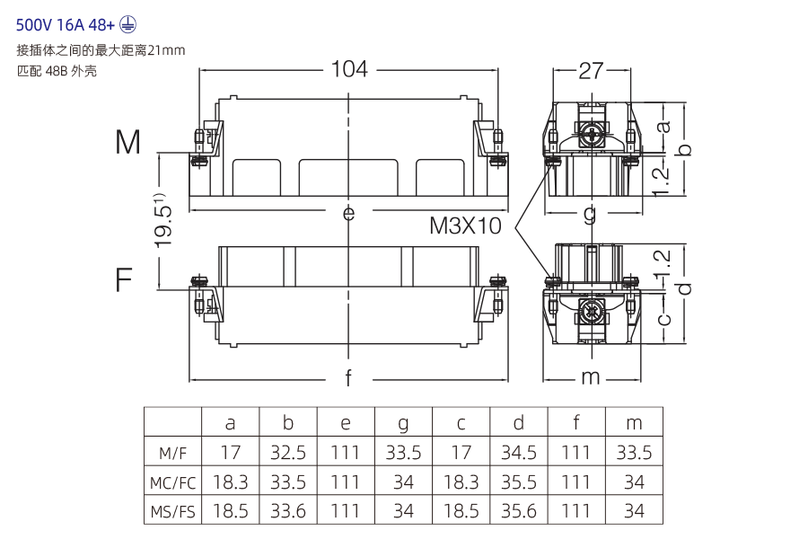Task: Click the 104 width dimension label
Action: coord(349,69)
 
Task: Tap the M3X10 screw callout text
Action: coord(465,225)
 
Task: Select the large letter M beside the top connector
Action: coord(128,142)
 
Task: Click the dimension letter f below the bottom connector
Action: coord(349,377)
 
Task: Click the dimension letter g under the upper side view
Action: coord(590,215)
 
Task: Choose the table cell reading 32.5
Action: coord(288,453)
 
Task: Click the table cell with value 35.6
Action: coord(519,512)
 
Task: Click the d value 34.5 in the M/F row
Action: coord(519,453)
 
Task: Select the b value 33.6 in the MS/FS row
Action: coord(288,512)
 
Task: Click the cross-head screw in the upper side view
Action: coord(591,135)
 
